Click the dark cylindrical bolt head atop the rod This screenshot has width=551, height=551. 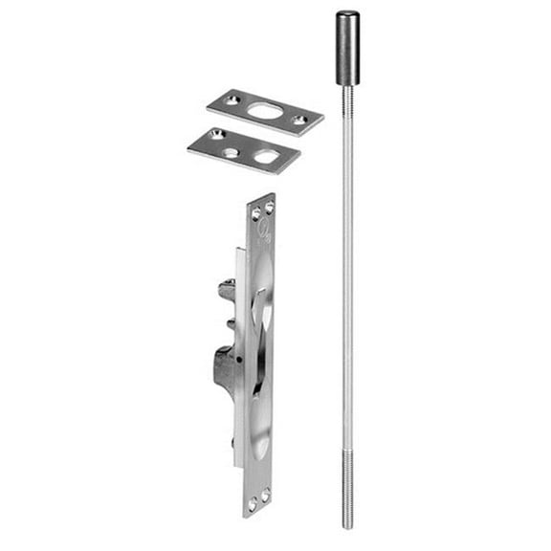coord(347,49)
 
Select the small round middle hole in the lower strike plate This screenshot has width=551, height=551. coord(233,150)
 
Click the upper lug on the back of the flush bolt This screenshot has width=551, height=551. coord(227,289)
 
